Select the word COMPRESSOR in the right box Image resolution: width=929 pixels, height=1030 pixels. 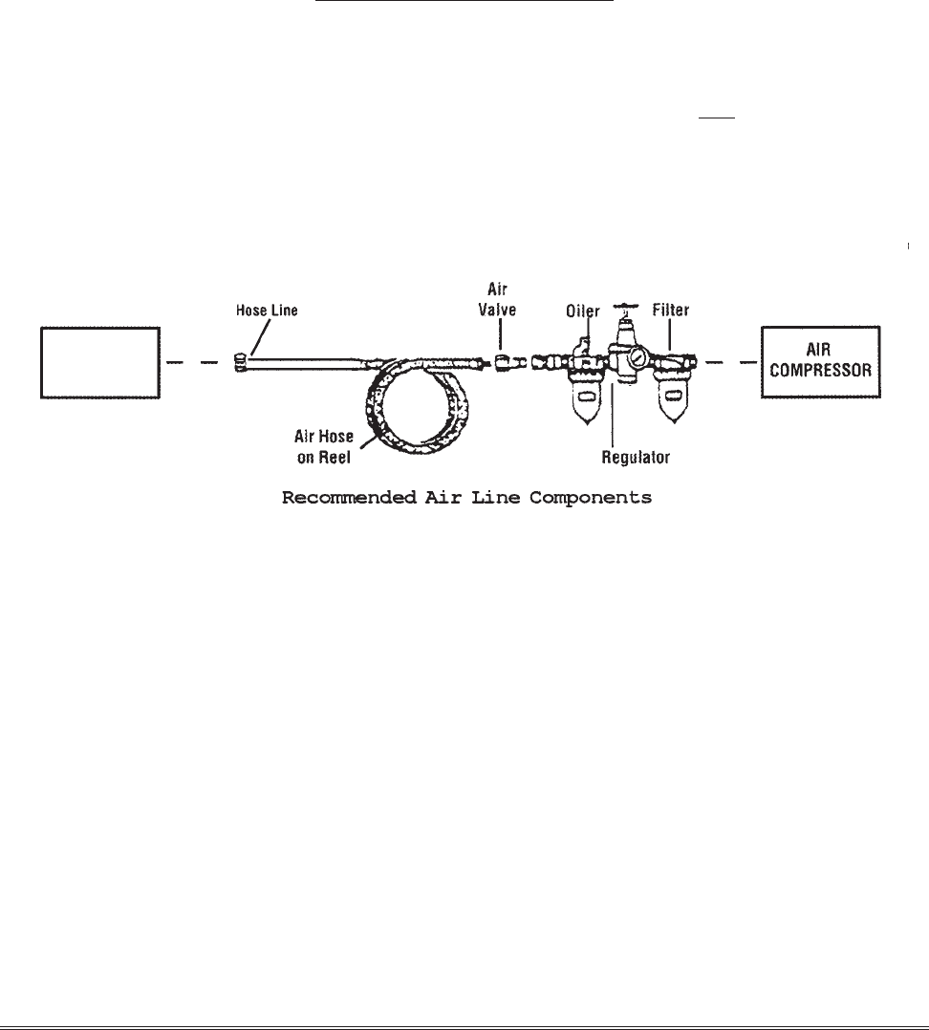pyautogui.click(x=819, y=372)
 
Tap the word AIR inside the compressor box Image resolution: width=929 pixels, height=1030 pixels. pyautogui.click(x=819, y=354)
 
